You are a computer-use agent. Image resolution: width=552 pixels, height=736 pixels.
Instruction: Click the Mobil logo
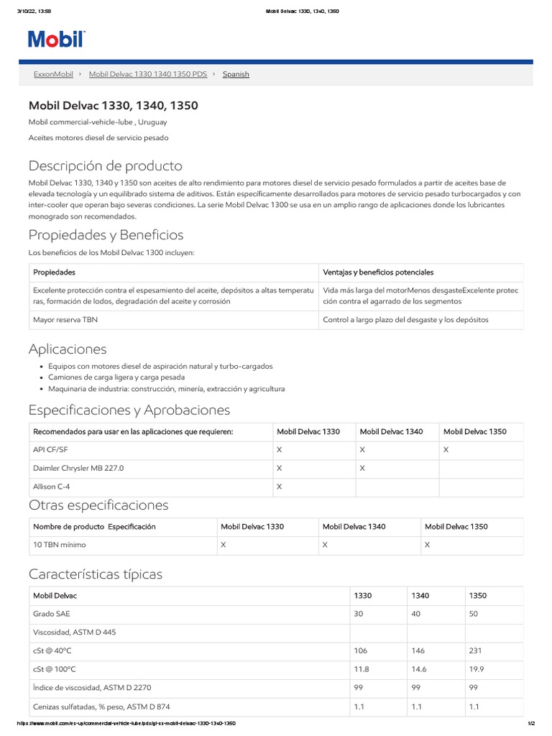pyautogui.click(x=57, y=39)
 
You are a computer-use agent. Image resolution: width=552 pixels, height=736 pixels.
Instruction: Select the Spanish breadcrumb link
pyautogui.click(x=236, y=74)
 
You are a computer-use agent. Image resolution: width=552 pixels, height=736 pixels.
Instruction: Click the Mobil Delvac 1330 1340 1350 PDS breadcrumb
pyautogui.click(x=147, y=74)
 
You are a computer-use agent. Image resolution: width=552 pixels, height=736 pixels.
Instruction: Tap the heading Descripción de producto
pyautogui.click(x=105, y=166)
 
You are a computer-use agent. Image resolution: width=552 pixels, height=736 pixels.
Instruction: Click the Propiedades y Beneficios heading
pyautogui.click(x=106, y=235)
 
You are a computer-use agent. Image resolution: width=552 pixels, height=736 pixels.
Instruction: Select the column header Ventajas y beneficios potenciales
pyautogui.click(x=378, y=272)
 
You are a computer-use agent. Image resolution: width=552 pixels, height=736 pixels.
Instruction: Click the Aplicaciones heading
pyautogui.click(x=68, y=349)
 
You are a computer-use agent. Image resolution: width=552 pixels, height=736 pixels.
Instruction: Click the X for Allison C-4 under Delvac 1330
pyautogui.click(x=279, y=487)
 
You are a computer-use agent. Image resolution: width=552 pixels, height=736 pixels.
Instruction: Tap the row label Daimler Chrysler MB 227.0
pyautogui.click(x=78, y=468)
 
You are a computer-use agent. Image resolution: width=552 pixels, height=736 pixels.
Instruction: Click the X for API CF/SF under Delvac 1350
pyautogui.click(x=446, y=449)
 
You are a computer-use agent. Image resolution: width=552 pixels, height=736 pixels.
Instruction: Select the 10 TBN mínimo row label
pyautogui.click(x=60, y=545)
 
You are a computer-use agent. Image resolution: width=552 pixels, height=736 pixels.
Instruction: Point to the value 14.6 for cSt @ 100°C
pyautogui.click(x=419, y=669)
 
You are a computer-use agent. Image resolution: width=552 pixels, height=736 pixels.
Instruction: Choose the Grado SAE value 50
pyautogui.click(x=474, y=615)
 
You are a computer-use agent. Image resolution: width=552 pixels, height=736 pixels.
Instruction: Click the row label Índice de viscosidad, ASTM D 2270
pyautogui.click(x=92, y=688)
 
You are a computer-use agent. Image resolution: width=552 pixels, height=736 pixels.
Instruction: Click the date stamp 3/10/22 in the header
pyautogui.click(x=30, y=11)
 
